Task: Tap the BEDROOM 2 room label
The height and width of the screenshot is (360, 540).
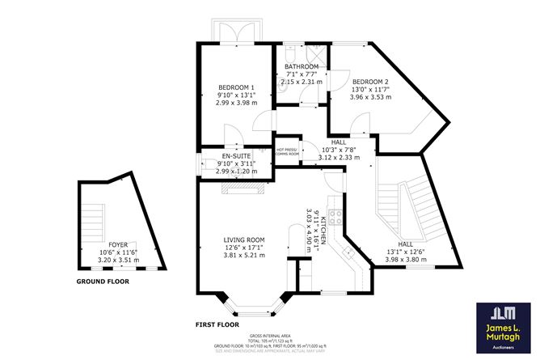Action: [x=371, y=82]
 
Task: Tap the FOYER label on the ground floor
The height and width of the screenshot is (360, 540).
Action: [x=118, y=244]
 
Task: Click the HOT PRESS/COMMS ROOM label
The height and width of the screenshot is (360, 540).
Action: [x=288, y=151]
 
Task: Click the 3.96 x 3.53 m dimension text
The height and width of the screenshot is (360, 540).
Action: [x=371, y=97]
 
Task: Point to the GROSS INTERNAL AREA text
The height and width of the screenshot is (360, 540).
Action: [x=270, y=334]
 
